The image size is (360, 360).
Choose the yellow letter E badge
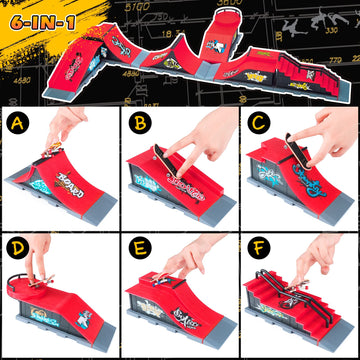[138, 244]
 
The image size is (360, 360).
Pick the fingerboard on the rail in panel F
[300, 281]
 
